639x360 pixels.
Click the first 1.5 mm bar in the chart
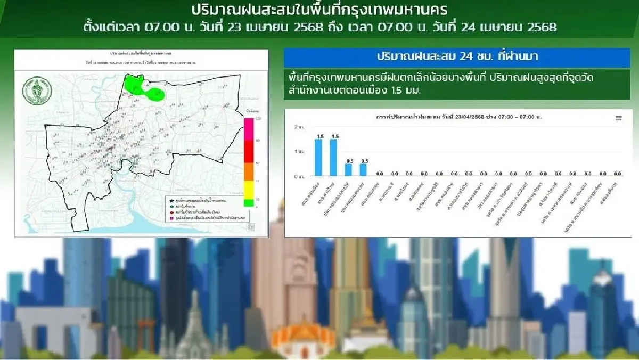click(318, 158)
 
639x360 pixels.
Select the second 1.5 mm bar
click(333, 158)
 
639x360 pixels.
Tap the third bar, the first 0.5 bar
click(348, 170)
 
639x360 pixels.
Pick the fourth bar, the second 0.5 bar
click(364, 170)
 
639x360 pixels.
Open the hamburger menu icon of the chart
click(618, 118)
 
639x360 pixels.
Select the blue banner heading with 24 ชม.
click(456, 57)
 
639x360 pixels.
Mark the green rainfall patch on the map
click(143, 88)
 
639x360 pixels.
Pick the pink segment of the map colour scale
click(248, 129)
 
